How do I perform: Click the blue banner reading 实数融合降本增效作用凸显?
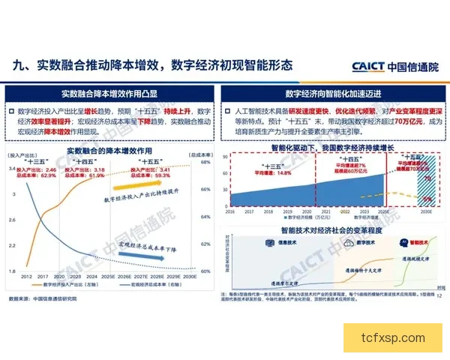pyautogui.click(x=112, y=94)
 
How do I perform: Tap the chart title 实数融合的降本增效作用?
pyautogui.click(x=112, y=151)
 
